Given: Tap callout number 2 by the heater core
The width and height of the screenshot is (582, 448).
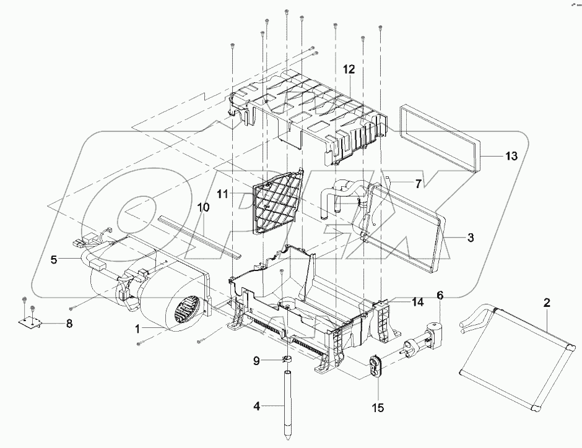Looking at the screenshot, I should click(x=547, y=303).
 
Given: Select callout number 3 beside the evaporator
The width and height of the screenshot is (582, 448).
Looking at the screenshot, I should click(x=471, y=237).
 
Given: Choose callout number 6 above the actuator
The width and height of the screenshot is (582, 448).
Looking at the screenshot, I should click(x=440, y=296).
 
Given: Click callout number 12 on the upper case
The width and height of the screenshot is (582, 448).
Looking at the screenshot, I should click(x=350, y=70).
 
